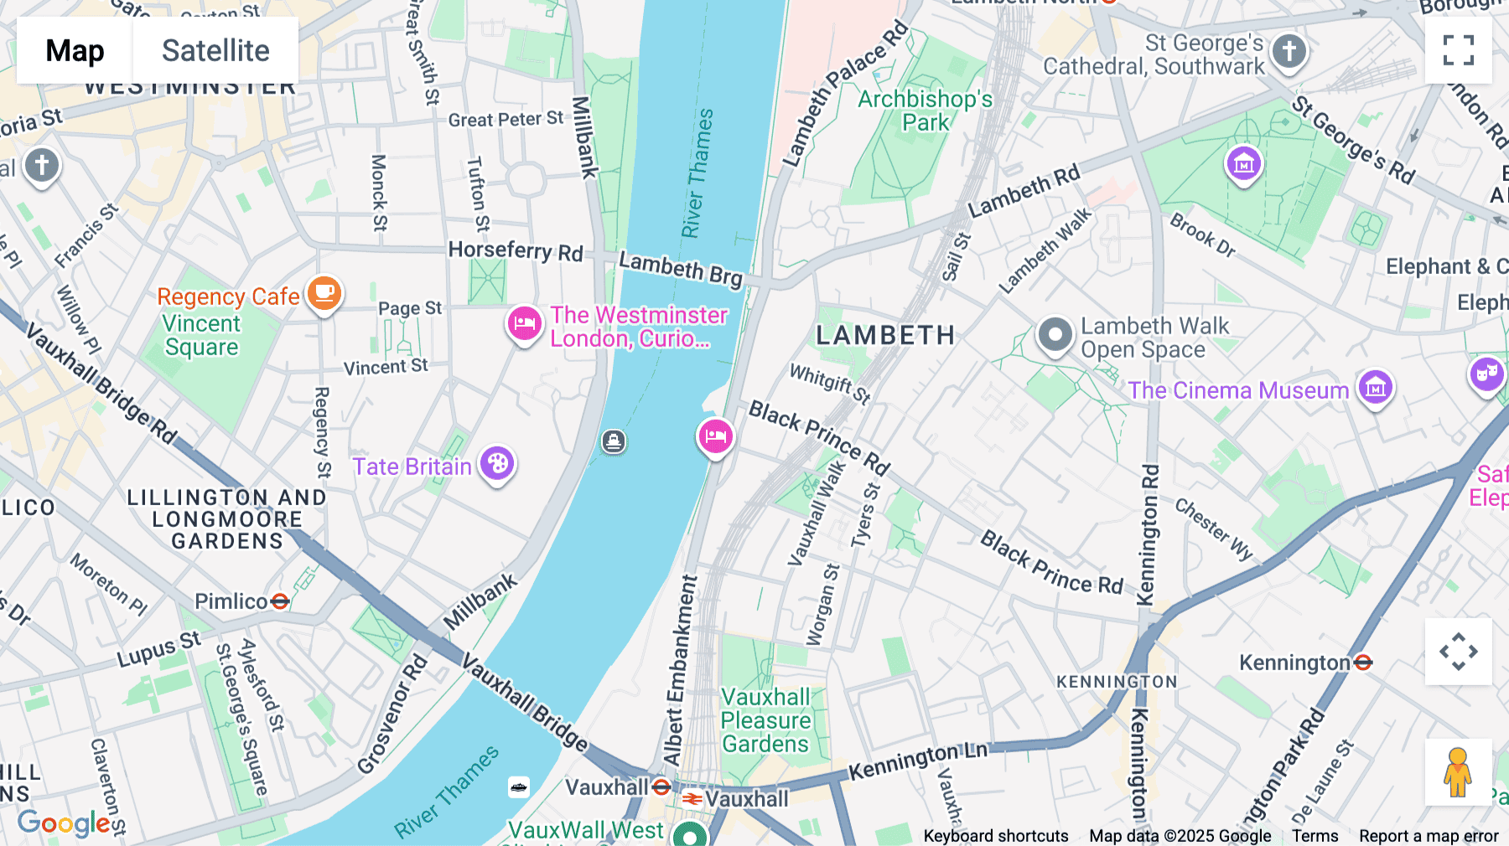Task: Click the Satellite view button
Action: [215, 50]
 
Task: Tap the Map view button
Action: [75, 50]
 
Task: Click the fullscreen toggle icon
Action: [1458, 50]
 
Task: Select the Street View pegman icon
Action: [1458, 772]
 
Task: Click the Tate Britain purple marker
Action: [497, 463]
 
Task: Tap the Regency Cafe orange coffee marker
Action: [324, 294]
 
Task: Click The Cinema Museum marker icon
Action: [1376, 388]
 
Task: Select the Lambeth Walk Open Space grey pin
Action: [1055, 335]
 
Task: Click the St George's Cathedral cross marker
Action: [1289, 51]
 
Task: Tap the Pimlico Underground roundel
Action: [280, 601]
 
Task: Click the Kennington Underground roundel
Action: [1363, 663]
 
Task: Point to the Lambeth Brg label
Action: [681, 269]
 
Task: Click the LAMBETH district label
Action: [885, 335]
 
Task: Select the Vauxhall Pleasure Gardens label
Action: [765, 720]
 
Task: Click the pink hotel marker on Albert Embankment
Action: [715, 436]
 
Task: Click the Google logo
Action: [64, 823]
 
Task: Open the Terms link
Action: [1315, 835]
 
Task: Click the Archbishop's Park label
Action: [925, 111]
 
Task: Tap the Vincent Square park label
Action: [201, 335]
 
